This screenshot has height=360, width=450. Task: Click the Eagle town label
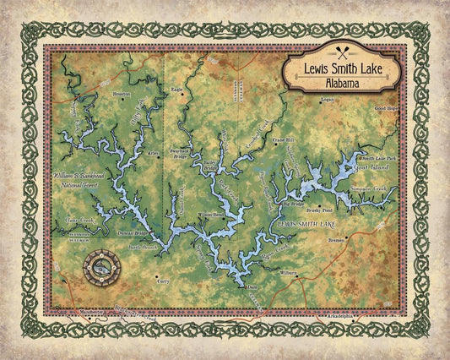tap(177, 90)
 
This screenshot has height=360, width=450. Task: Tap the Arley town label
tap(153, 154)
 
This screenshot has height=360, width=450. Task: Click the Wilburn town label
tap(289, 273)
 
